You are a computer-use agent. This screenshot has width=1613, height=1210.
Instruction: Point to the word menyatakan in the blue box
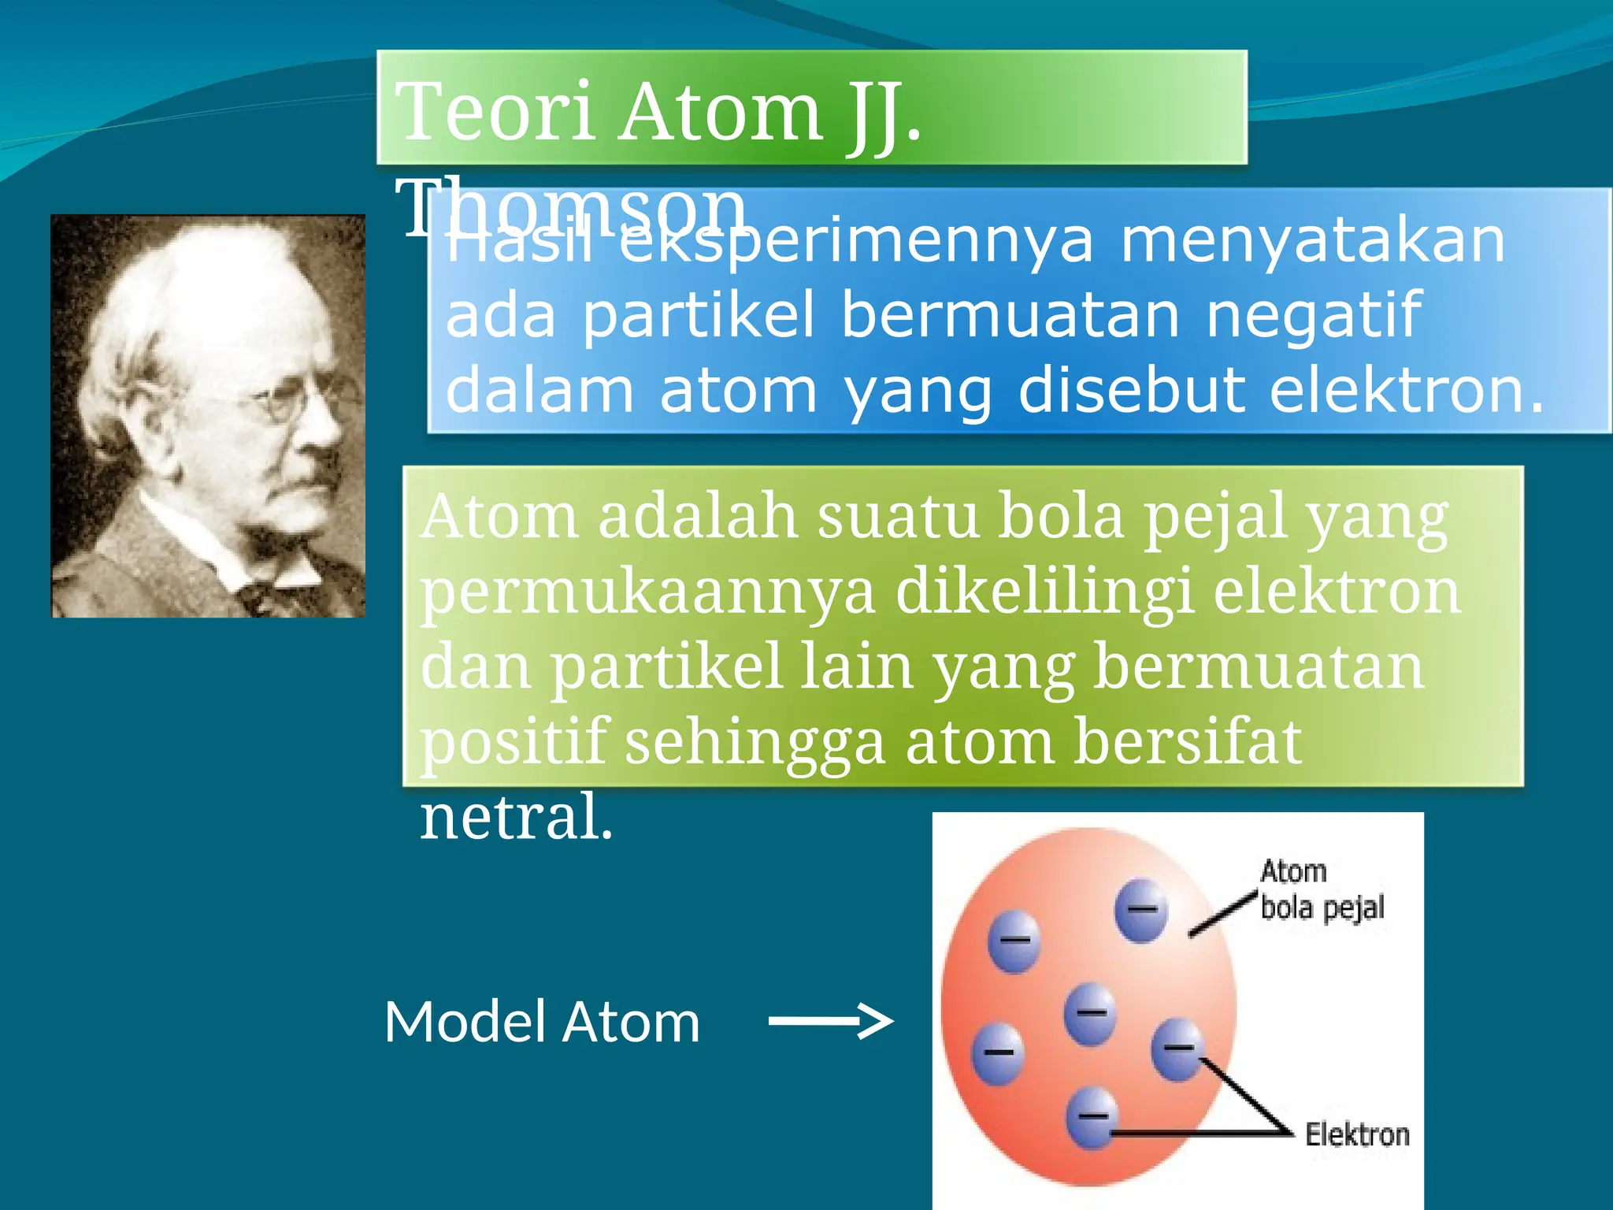[1312, 240]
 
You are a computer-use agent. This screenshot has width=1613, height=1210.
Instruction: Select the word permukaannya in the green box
[647, 592]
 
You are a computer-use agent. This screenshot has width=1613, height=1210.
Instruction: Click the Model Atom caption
[542, 1023]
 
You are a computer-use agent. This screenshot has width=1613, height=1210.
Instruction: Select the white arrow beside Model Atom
[830, 1022]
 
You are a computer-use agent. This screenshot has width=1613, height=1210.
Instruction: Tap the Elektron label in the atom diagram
[1356, 1135]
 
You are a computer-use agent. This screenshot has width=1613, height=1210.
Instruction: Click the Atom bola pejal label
[1321, 890]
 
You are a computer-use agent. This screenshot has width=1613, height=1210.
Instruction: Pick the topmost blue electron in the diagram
[1141, 910]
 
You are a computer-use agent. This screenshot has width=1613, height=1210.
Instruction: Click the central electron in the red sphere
[1090, 1013]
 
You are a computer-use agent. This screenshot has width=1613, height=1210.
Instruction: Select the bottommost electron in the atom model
[1092, 1117]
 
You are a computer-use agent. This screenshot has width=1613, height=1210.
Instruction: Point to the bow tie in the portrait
[268, 587]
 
